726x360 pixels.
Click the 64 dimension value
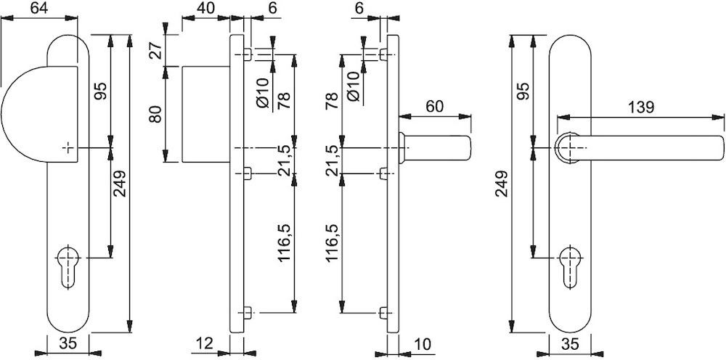pos(40,8)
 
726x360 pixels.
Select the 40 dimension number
pos(205,8)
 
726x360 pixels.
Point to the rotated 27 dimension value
pos(156,50)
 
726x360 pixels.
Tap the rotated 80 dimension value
pos(156,114)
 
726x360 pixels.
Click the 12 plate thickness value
pos(204,343)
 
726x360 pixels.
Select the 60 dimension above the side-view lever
pos(434,106)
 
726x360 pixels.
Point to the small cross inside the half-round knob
pos(68,147)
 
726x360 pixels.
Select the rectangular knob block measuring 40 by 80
pos(206,114)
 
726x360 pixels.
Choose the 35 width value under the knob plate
pos(68,343)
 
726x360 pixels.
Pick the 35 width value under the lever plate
pos(570,344)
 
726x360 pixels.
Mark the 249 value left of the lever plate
pos(502,184)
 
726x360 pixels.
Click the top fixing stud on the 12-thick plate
pos(248,54)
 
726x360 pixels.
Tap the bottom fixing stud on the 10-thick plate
pos(383,313)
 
